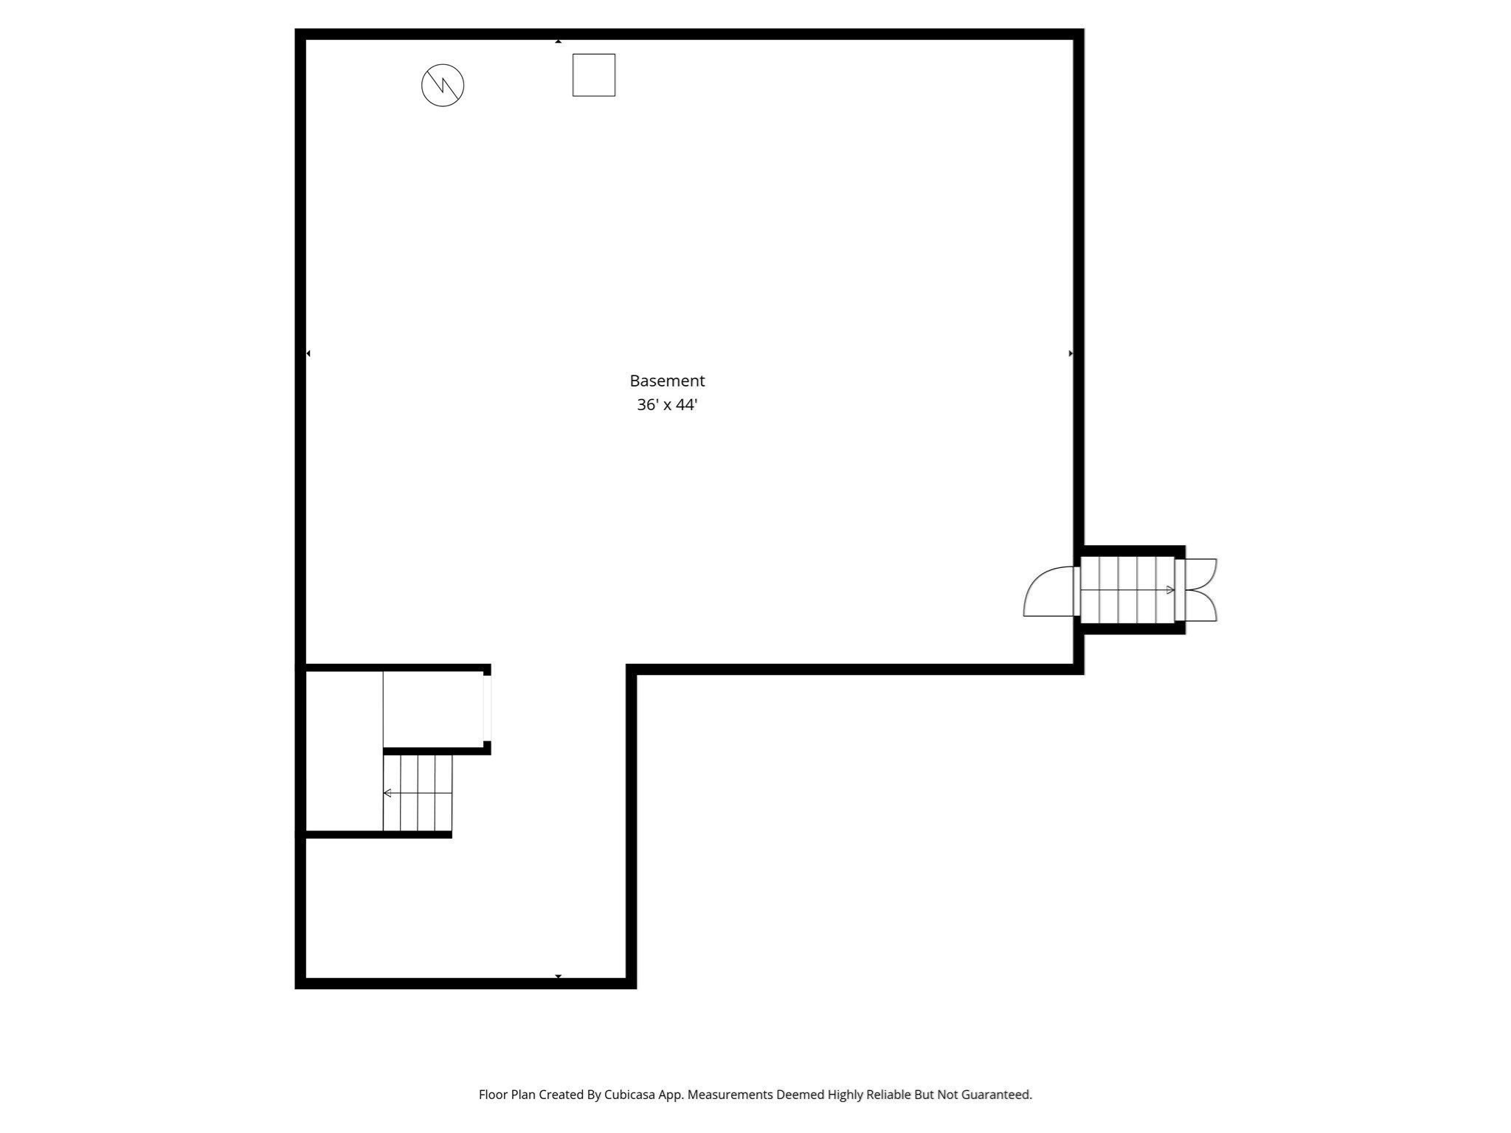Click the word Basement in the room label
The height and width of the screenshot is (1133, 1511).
667,381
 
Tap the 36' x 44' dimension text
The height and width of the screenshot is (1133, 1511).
667,405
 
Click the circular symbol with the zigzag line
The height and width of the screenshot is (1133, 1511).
443,86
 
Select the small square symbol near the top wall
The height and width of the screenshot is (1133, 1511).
594,75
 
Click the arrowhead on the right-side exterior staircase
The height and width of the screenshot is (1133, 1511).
1170,590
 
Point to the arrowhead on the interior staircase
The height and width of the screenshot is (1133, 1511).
387,793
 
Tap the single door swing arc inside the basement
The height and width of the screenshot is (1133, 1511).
1048,592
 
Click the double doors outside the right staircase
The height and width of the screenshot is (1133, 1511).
1201,590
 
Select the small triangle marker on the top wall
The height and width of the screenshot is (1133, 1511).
559,41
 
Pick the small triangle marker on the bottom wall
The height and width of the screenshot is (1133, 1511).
559,976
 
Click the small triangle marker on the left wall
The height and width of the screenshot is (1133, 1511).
308,353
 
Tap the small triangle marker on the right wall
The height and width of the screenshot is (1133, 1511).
1071,353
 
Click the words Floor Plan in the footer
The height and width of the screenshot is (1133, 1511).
507,1095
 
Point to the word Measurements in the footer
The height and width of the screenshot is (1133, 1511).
730,1095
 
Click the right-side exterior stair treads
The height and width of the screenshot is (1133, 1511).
1127,590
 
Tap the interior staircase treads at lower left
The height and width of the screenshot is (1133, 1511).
418,793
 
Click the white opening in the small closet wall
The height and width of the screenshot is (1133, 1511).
487,708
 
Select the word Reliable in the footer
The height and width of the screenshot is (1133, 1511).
888,1095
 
